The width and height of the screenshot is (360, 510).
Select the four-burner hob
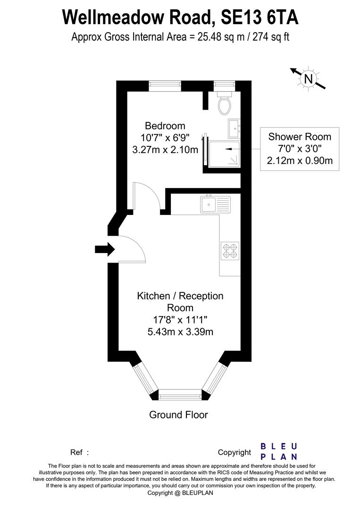(x=230, y=250)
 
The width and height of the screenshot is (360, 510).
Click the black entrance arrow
(x=104, y=249)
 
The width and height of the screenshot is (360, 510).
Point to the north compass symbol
(x=308, y=78)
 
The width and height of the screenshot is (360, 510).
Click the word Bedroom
(x=165, y=126)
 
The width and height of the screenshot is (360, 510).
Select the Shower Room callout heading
(x=300, y=137)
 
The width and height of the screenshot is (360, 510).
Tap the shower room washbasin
(x=234, y=127)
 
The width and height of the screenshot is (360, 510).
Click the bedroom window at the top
(x=165, y=85)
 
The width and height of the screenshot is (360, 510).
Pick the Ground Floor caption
(x=178, y=415)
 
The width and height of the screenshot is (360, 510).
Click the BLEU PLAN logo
(x=279, y=451)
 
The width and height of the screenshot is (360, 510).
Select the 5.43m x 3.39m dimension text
(x=180, y=332)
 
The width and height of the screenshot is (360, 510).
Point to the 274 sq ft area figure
(x=269, y=37)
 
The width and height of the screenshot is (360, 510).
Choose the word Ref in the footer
(x=77, y=452)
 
